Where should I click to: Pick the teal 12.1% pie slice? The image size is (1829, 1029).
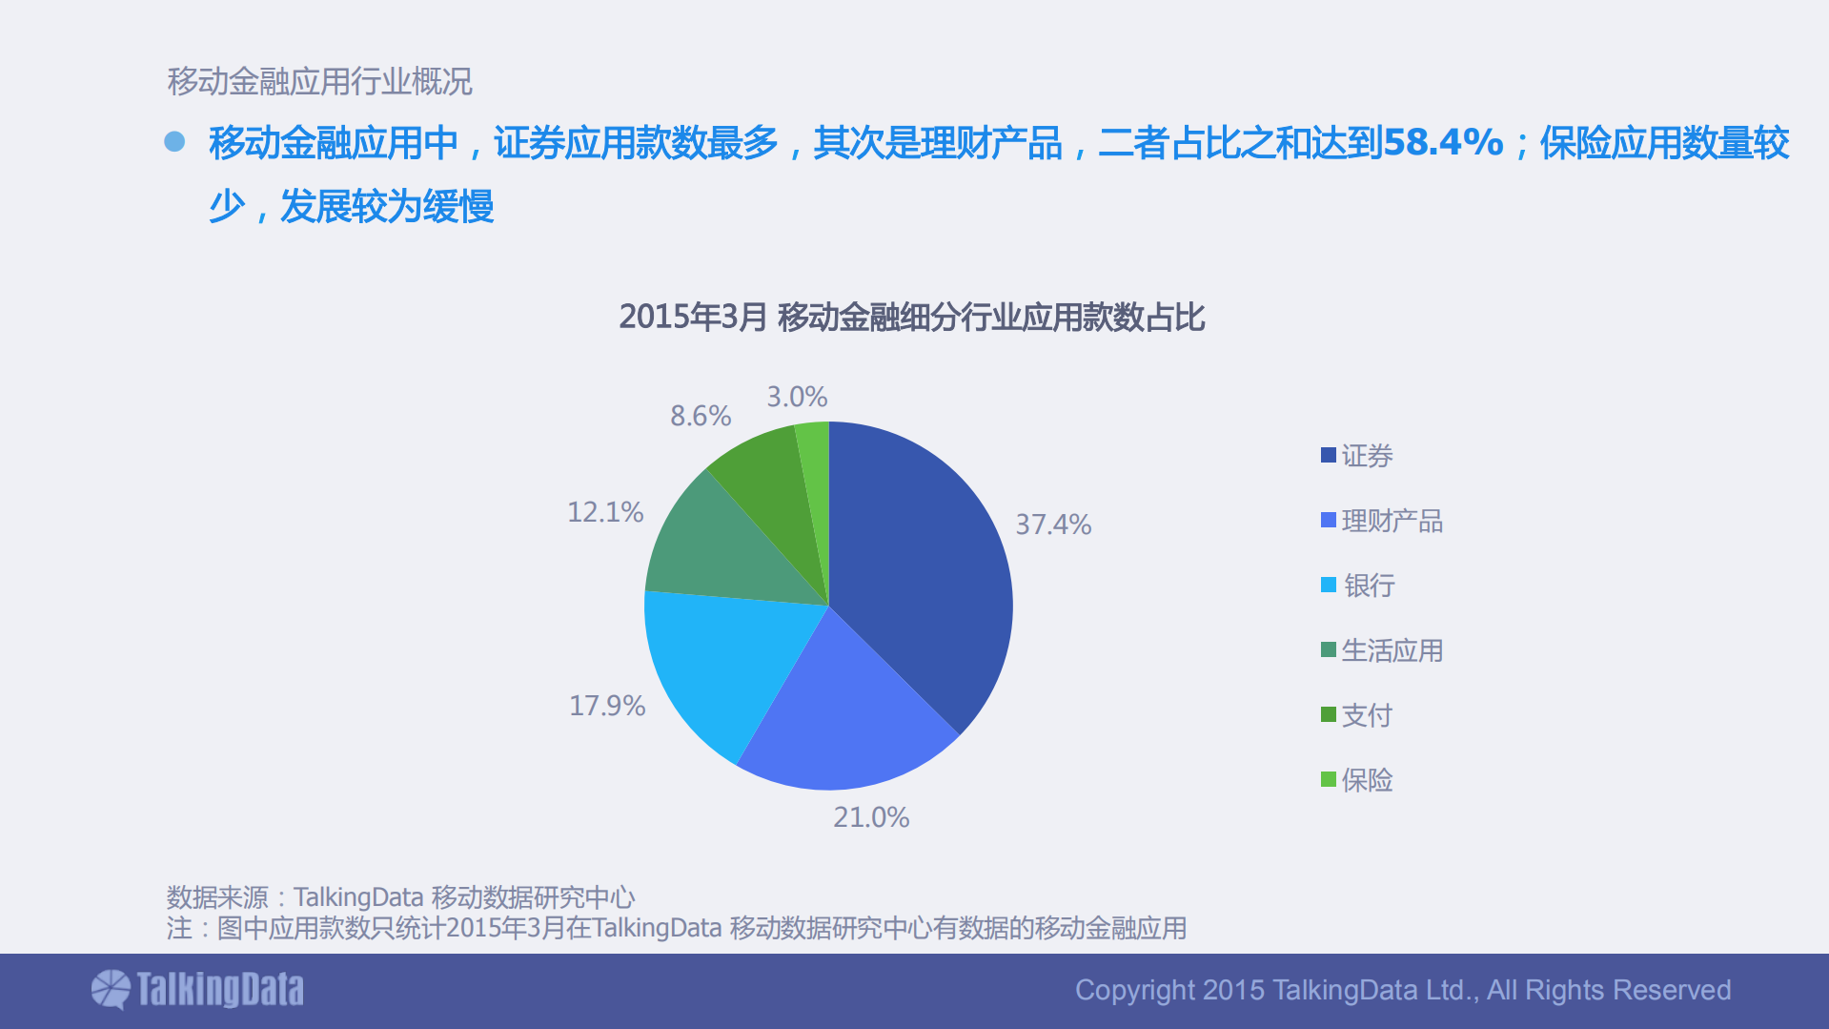(724, 553)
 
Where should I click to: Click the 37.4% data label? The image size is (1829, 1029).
(1052, 525)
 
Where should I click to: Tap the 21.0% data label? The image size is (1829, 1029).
(870, 817)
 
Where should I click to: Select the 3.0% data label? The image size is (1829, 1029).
(797, 397)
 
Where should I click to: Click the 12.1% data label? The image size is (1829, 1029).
(605, 512)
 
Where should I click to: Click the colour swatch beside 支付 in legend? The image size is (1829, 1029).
(1328, 714)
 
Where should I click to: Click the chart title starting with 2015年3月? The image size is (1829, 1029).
(912, 317)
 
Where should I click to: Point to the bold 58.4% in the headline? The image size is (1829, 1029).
(1442, 143)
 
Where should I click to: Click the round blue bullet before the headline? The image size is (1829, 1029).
(174, 142)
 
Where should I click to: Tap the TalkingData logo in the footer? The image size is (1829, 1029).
(197, 990)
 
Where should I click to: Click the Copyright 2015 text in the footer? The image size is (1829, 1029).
(1402, 990)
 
